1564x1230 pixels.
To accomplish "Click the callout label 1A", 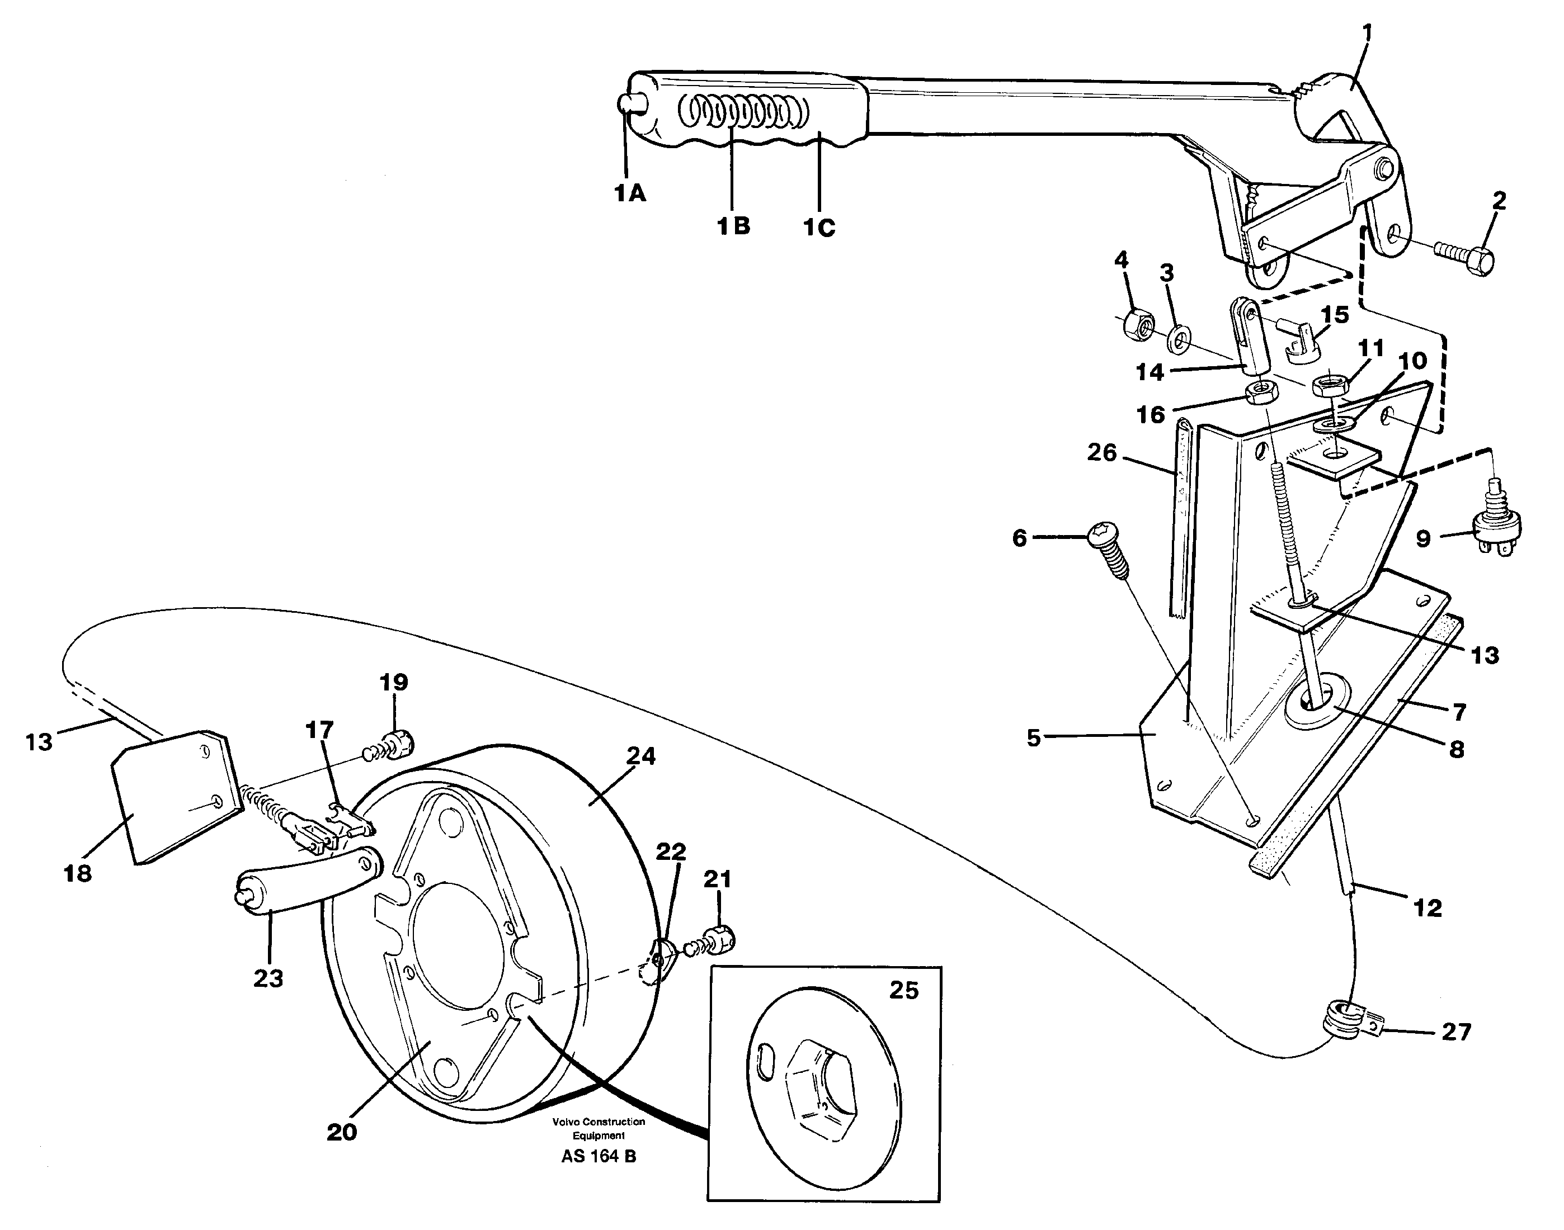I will [x=630, y=193].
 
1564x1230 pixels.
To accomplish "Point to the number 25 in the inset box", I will [x=903, y=990].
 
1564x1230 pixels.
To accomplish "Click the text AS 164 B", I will [x=598, y=1177].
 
